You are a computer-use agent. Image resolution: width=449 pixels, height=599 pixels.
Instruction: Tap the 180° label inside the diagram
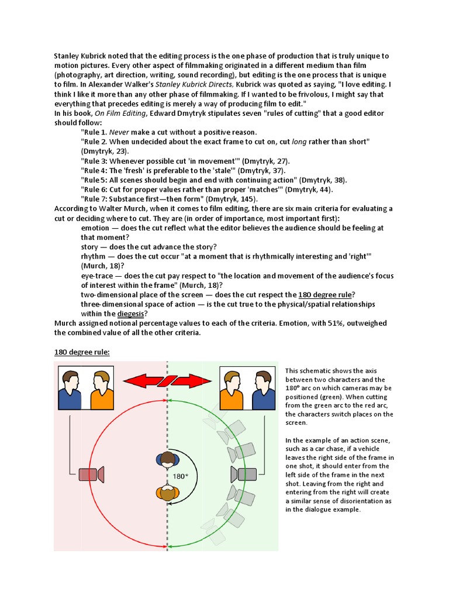pyautogui.click(x=181, y=476)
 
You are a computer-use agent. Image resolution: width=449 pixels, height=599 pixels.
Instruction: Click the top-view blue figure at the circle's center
pyautogui.click(x=168, y=459)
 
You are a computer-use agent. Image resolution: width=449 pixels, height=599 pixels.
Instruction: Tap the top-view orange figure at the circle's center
pyautogui.click(x=168, y=493)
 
